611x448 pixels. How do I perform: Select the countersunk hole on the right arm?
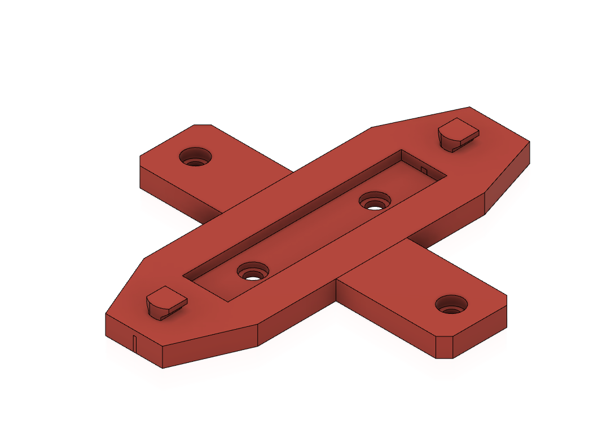[451, 305]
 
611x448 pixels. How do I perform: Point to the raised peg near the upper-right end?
[458, 135]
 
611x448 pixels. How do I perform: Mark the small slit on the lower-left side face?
[135, 341]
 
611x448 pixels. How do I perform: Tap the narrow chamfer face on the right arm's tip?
[445, 347]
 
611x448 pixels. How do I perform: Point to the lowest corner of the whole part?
[162, 368]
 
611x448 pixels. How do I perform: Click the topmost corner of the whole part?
[469, 107]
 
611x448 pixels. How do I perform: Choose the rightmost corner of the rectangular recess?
[448, 176]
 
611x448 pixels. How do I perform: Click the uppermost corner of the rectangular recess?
[401, 150]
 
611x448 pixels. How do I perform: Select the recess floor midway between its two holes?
[313, 237]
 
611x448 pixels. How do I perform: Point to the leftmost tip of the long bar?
[106, 314]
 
